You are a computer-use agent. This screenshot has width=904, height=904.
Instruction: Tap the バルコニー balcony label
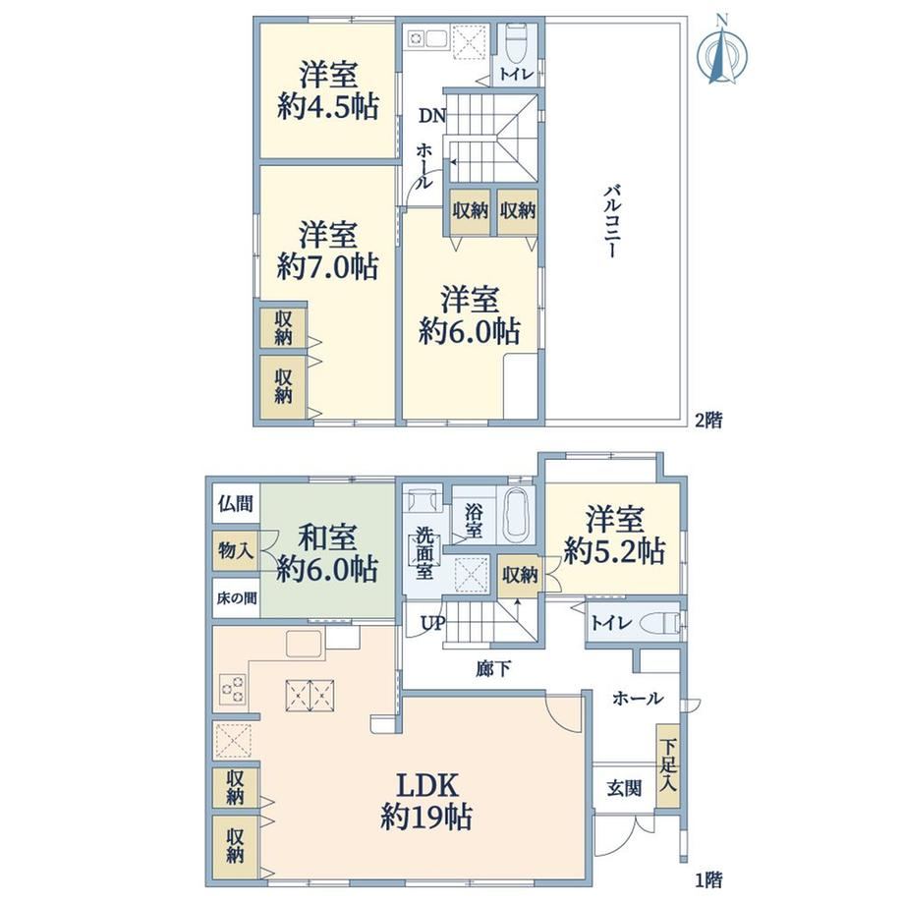click(613, 221)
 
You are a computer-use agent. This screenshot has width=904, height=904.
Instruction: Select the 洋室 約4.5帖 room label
click(328, 90)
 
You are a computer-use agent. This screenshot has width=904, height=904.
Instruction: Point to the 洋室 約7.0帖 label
click(328, 251)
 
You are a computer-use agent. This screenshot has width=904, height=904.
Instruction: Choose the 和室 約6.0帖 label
click(327, 553)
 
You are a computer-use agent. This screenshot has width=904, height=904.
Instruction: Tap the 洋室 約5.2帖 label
click(614, 534)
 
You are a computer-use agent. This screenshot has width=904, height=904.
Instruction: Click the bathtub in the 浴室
click(516, 514)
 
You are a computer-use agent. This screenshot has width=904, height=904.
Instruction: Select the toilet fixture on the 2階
click(517, 44)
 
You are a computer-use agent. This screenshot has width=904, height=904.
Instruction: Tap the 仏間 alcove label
click(236, 503)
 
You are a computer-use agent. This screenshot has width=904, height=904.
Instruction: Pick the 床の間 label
click(237, 598)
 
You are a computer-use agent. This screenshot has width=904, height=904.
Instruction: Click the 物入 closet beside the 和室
click(236, 550)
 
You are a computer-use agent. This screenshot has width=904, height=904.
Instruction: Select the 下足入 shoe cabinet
click(667, 765)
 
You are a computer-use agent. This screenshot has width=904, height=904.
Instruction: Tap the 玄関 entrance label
click(624, 788)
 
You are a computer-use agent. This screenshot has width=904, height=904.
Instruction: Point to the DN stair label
click(432, 116)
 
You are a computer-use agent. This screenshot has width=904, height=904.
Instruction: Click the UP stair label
click(433, 624)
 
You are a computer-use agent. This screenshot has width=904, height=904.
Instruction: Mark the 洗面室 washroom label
click(424, 553)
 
